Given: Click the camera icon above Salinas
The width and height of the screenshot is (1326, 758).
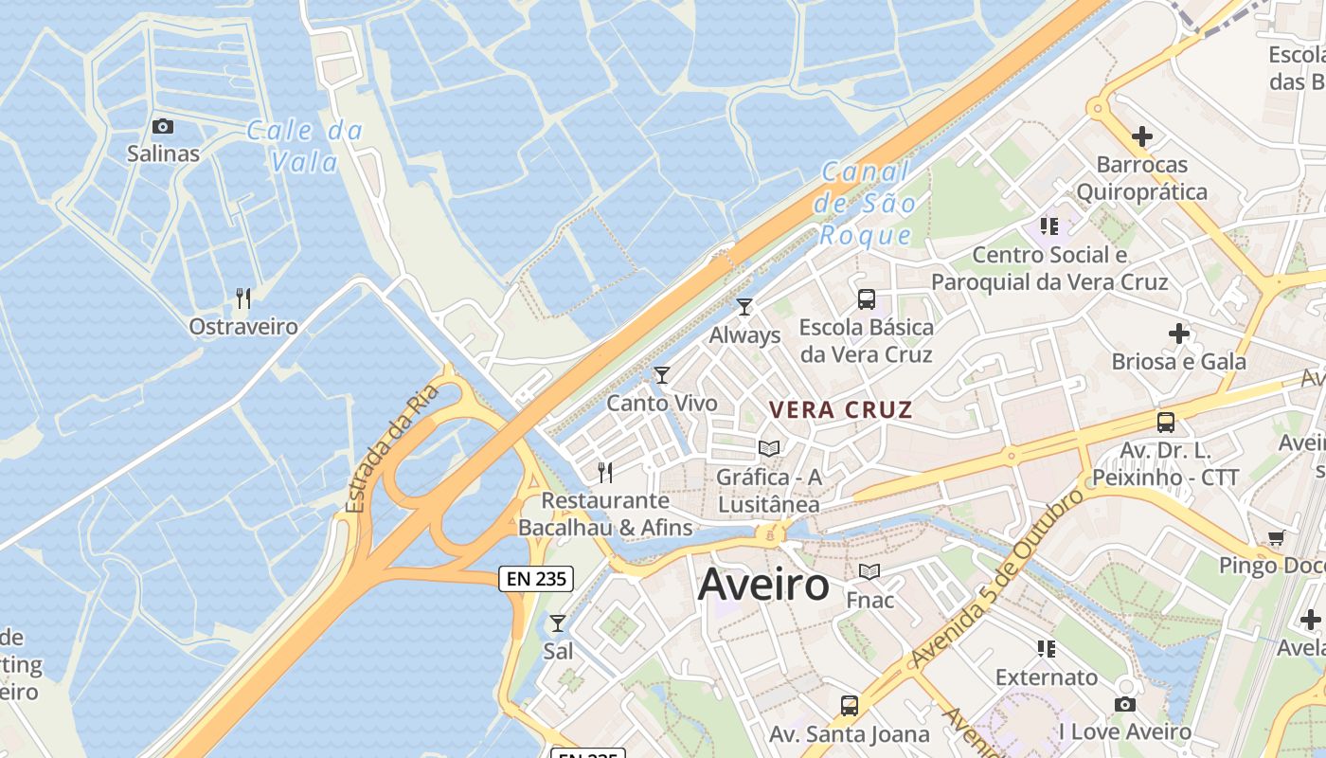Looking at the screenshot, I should (163, 126).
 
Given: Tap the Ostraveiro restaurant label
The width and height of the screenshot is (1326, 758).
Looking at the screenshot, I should (243, 327).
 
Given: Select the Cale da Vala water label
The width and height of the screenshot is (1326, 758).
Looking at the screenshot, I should (305, 146).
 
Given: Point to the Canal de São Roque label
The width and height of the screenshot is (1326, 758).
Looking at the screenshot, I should (867, 204).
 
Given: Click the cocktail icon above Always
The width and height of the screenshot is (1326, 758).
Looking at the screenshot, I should (744, 306).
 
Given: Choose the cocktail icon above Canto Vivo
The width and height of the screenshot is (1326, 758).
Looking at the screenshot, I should (662, 375).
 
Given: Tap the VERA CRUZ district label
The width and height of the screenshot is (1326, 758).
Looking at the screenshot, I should (841, 410).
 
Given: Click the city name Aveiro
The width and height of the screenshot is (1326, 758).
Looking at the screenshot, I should (763, 586).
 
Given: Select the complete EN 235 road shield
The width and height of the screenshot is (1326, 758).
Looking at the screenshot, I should (536, 578).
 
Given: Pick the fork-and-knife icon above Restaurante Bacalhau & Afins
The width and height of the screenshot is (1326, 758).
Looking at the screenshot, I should (605, 472).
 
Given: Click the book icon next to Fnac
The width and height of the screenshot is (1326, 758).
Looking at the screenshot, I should (869, 572).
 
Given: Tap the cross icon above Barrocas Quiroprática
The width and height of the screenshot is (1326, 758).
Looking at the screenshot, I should (1142, 136).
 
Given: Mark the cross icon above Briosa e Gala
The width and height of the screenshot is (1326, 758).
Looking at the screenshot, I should (1179, 334).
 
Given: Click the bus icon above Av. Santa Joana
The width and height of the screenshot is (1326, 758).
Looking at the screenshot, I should (850, 706).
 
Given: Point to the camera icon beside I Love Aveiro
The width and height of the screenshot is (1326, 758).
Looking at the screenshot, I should (1125, 704).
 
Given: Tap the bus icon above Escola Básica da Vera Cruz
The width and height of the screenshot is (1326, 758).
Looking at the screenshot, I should (866, 299).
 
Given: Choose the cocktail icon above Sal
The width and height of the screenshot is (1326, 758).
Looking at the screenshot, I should (558, 623).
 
